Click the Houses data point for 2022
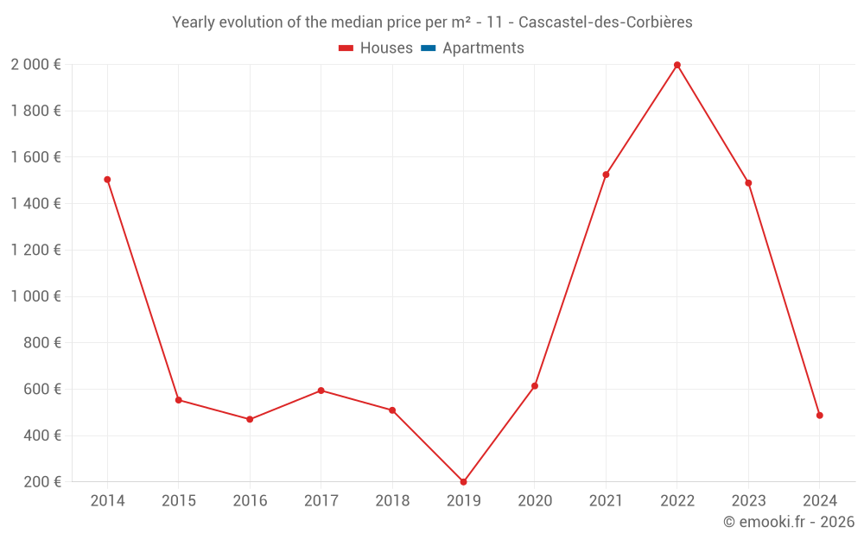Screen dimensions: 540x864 (677, 65)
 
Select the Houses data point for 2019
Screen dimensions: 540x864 (463, 482)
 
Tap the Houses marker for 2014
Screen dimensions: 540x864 (107, 180)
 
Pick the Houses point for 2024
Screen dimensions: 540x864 (819, 416)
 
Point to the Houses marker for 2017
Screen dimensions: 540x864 (321, 391)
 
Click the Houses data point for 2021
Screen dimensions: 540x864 (606, 175)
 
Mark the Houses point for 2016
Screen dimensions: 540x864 (250, 419)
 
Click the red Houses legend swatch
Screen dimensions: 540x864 (346, 48)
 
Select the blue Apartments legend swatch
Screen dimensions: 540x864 (428, 48)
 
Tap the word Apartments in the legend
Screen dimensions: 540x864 (483, 48)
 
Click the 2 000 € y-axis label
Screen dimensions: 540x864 (35, 65)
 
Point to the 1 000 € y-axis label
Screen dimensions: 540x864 (35, 296)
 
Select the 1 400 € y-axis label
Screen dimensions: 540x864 (35, 204)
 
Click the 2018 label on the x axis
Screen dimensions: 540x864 (392, 501)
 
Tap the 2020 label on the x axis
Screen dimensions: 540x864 (535, 501)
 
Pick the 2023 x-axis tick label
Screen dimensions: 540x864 (748, 501)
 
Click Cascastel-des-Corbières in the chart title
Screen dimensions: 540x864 (605, 22)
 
